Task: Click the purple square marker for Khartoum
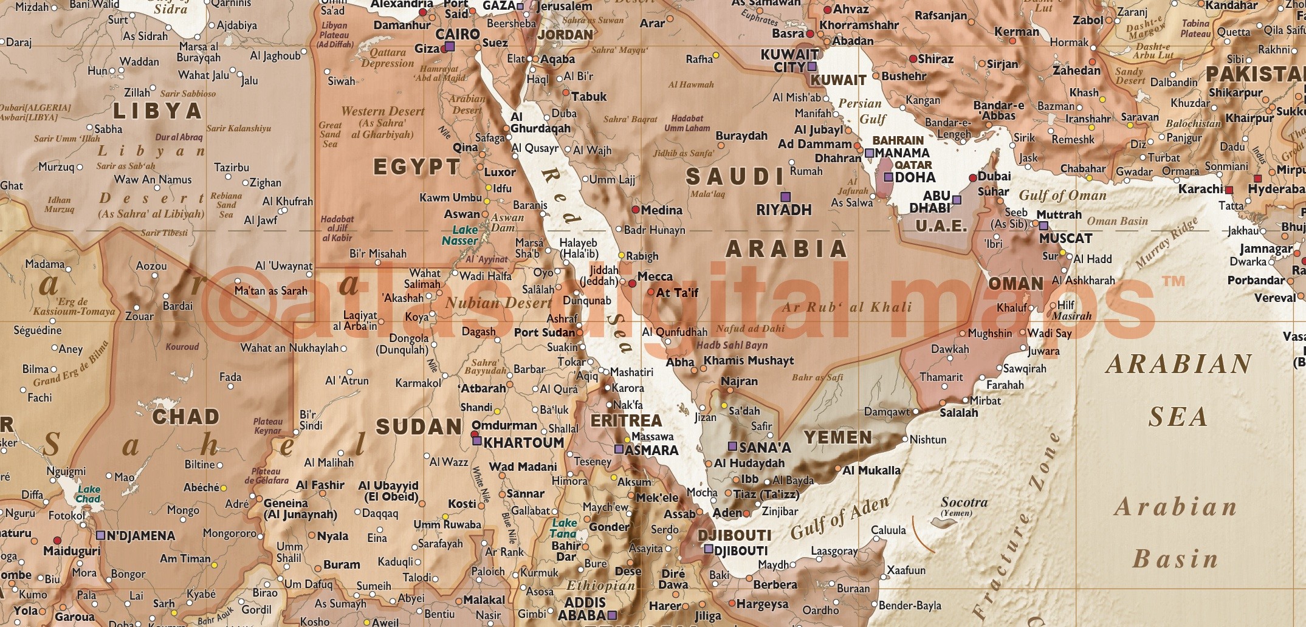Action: click(x=476, y=442)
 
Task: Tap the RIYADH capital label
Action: click(x=783, y=210)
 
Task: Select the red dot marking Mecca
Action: click(x=632, y=283)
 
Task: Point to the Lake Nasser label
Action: click(x=460, y=235)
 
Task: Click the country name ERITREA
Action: click(x=626, y=420)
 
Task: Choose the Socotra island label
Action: click(x=964, y=502)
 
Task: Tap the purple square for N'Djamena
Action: click(x=100, y=535)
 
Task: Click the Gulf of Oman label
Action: click(x=1062, y=195)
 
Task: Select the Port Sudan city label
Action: click(x=544, y=332)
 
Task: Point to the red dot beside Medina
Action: click(x=636, y=210)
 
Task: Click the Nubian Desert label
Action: click(x=498, y=302)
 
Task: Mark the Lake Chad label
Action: click(x=88, y=494)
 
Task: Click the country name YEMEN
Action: click(x=837, y=437)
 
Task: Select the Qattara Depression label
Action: click(x=387, y=58)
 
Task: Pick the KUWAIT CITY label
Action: click(x=789, y=61)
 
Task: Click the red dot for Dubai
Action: click(x=972, y=178)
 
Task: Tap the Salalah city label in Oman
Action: click(x=958, y=413)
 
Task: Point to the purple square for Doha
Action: click(x=888, y=177)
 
